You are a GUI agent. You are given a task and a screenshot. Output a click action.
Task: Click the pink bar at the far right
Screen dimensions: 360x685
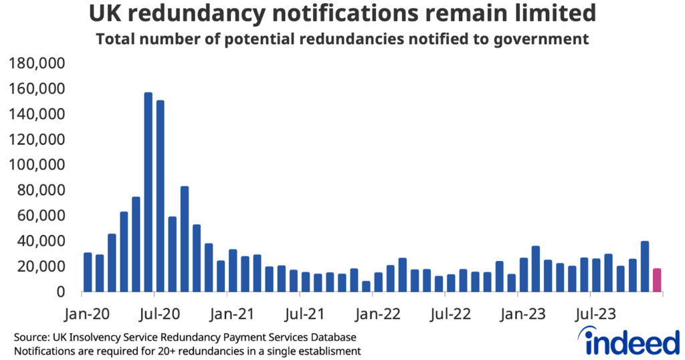point(657,280)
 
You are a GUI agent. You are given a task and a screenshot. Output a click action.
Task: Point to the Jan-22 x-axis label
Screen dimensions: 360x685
point(375,312)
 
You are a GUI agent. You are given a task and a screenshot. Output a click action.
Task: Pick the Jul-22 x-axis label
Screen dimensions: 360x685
point(448,312)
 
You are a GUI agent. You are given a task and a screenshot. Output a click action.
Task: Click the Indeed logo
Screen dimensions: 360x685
point(632,341)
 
